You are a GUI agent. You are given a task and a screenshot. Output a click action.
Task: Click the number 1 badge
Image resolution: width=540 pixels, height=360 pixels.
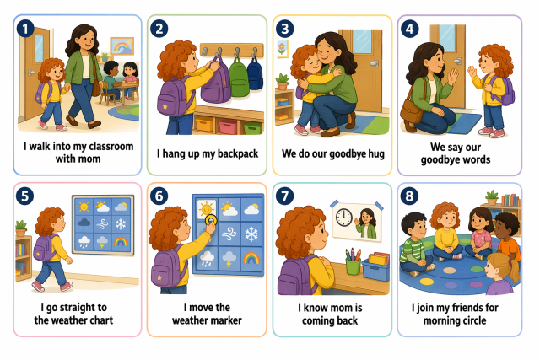tap(25, 29)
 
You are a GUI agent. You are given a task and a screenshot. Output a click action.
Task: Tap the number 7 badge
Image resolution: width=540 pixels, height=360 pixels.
tap(285, 196)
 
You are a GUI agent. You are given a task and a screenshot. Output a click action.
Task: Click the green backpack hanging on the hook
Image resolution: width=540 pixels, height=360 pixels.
tap(240, 77)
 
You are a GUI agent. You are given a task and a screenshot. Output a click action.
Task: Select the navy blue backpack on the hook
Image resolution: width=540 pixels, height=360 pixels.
tap(255, 73)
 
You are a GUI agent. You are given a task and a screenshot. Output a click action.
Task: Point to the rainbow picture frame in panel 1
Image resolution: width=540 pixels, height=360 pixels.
tap(121, 46)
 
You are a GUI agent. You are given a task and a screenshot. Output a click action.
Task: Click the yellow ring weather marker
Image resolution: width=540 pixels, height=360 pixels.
tap(210, 219)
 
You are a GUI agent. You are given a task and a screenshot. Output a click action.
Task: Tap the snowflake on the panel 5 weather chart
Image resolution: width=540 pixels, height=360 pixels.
tap(121, 224)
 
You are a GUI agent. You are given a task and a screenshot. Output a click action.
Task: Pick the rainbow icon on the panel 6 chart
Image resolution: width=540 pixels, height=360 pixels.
tap(251, 258)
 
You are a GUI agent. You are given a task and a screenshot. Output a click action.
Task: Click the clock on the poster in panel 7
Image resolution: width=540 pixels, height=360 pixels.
tap(344, 218)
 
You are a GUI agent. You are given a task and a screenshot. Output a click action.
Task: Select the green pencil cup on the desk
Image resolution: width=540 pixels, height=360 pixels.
tap(353, 266)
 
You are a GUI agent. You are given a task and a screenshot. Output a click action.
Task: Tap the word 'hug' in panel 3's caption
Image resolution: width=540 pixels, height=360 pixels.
tap(375, 153)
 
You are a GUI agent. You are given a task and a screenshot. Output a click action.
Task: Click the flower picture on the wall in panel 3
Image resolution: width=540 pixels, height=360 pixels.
tap(283, 49)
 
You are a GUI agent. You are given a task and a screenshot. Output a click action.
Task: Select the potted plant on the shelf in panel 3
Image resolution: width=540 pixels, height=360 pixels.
tap(282, 81)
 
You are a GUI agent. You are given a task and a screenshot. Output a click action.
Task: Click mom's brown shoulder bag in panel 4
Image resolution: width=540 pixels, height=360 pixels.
tap(412, 111)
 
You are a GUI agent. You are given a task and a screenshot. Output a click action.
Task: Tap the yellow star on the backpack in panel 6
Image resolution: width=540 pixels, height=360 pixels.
tap(159, 277)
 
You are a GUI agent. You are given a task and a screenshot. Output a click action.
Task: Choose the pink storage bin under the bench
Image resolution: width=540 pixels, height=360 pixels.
tap(228, 126)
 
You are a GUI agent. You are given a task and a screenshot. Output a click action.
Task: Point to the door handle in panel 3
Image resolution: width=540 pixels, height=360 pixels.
tap(374, 63)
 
